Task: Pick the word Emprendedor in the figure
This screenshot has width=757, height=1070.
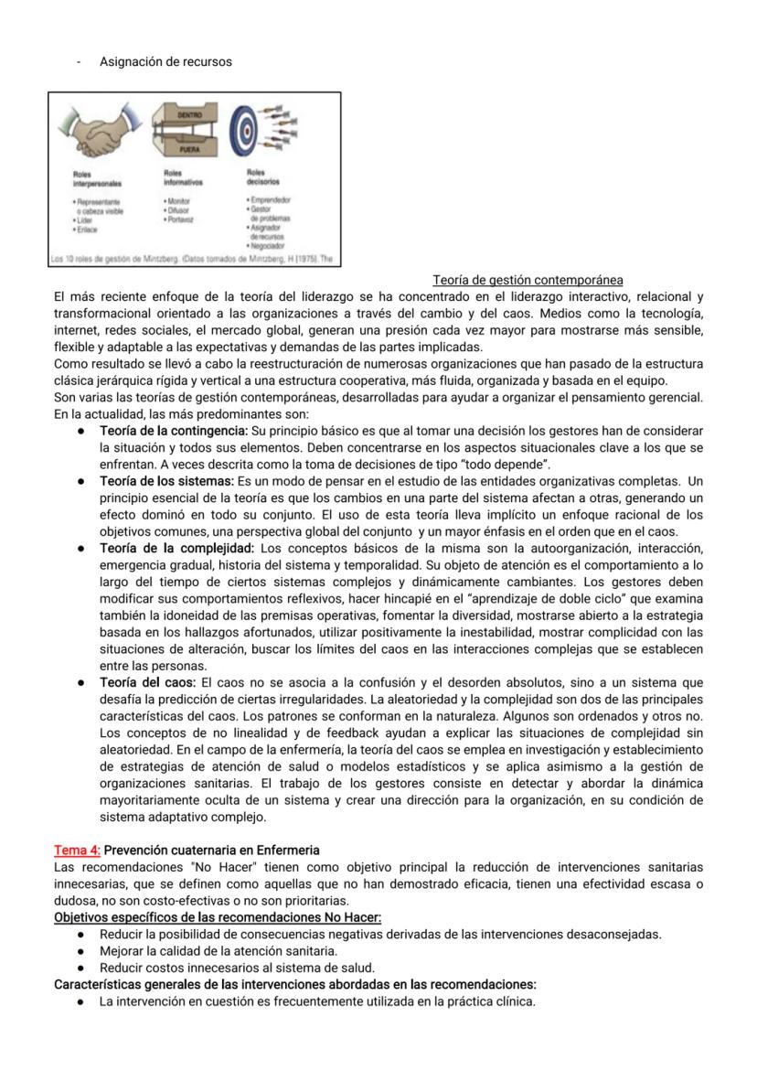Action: pos(271,199)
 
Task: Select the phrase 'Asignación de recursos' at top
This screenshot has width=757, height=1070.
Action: pos(165,62)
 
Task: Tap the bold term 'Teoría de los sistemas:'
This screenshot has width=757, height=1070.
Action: pos(166,480)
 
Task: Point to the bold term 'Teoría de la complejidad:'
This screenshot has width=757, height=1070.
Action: pos(176,548)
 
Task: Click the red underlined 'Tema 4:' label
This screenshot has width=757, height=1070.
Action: pos(70,850)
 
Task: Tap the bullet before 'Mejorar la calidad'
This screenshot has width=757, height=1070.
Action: pos(81,950)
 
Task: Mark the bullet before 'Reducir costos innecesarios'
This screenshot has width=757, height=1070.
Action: pos(81,968)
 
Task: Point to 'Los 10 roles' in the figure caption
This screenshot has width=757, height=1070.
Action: pos(72,259)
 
